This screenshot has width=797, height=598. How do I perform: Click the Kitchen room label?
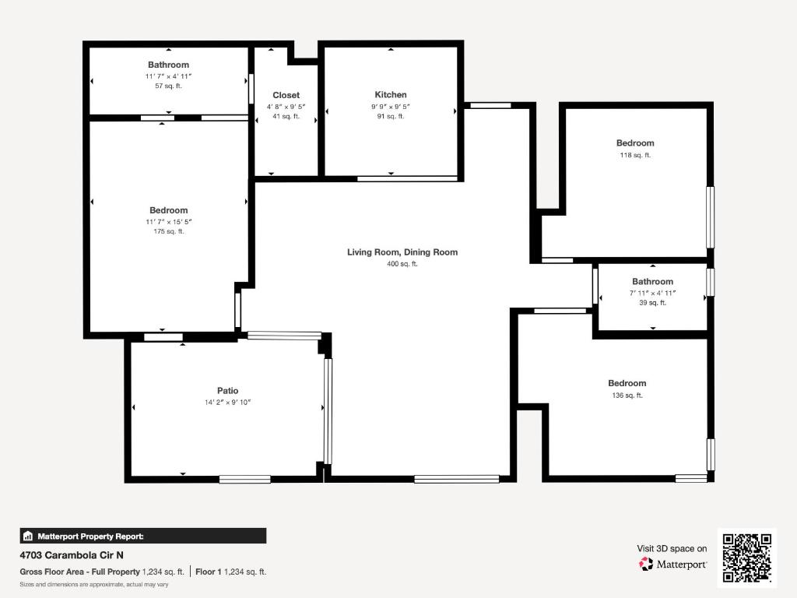tap(391, 95)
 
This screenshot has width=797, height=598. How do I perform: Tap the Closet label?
tap(286, 95)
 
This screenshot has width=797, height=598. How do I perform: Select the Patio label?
tap(227, 391)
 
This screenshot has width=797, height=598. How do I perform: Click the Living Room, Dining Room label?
tap(402, 252)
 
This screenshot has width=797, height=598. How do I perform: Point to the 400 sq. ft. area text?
tap(402, 264)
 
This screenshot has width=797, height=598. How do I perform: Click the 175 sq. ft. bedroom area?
tap(168, 231)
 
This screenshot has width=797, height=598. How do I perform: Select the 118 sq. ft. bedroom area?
tap(635, 155)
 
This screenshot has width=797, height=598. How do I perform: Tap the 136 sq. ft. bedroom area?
tap(627, 396)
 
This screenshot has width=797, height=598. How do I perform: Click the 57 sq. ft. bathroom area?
tap(168, 86)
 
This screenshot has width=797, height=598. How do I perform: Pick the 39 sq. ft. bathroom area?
tap(652, 303)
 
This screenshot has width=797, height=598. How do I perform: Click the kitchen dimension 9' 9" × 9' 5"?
tap(391, 106)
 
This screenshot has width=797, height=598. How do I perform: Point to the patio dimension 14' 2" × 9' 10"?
tap(227, 403)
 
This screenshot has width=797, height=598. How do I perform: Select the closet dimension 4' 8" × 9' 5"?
tap(286, 106)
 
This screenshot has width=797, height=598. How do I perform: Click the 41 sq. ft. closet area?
tap(286, 116)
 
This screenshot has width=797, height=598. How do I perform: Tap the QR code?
tap(747, 558)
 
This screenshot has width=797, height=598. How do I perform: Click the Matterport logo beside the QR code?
tap(672, 564)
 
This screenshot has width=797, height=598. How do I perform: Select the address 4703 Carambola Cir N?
tap(71, 556)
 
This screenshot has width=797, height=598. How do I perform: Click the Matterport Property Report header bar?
tap(142, 536)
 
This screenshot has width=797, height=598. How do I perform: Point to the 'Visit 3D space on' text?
tap(672, 548)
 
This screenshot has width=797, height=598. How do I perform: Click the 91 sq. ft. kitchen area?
tap(391, 116)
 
